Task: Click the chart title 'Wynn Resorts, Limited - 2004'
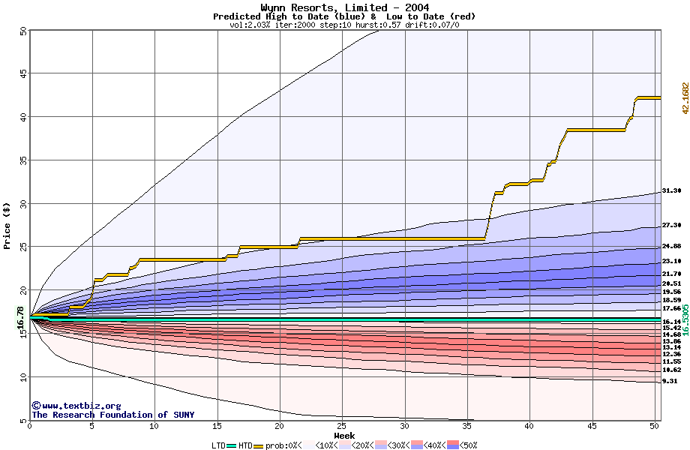(344, 7)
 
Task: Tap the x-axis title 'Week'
(344, 436)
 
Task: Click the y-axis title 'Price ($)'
(7, 225)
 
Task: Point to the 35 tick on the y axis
(22, 160)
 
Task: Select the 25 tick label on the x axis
(342, 426)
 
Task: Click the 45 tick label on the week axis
(592, 426)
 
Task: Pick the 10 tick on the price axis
(22, 376)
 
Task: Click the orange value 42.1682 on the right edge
(685, 98)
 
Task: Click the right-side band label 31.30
(671, 191)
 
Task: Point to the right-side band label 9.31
(670, 381)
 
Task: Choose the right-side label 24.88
(671, 247)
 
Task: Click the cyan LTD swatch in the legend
(232, 445)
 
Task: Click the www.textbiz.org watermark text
(81, 406)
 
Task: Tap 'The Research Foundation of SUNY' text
(112, 415)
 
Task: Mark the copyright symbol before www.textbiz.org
(36, 406)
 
